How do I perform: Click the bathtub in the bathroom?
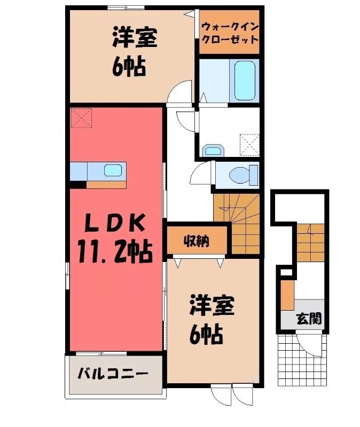click(245, 81)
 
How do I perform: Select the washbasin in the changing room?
click(214, 151)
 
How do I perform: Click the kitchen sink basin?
click(113, 171)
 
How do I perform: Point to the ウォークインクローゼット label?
click(230, 33)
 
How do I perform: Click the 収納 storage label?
click(195, 241)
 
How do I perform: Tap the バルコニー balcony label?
click(113, 374)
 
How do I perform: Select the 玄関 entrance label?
click(309, 318)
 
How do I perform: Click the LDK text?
click(114, 223)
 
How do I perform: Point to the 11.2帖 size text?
click(115, 251)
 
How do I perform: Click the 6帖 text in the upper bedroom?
click(129, 67)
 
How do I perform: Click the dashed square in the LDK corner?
click(82, 118)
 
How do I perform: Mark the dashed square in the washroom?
click(249, 145)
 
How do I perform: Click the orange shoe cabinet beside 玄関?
click(287, 295)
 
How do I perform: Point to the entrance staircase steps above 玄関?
click(310, 243)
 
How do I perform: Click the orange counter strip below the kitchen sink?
click(106, 185)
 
